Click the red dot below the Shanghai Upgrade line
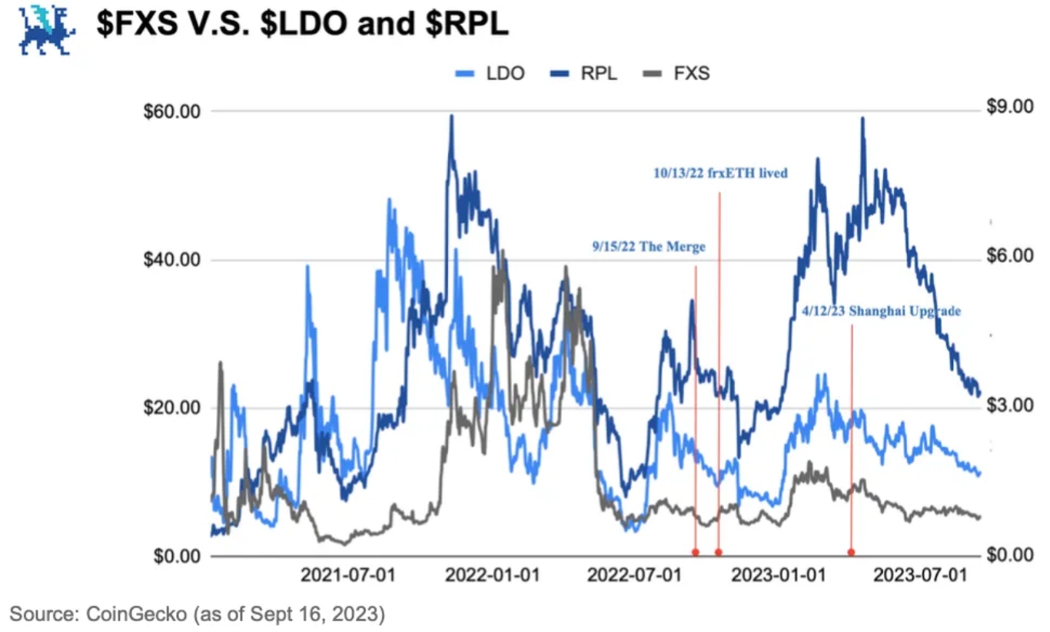(851, 552)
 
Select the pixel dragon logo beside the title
(48, 31)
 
